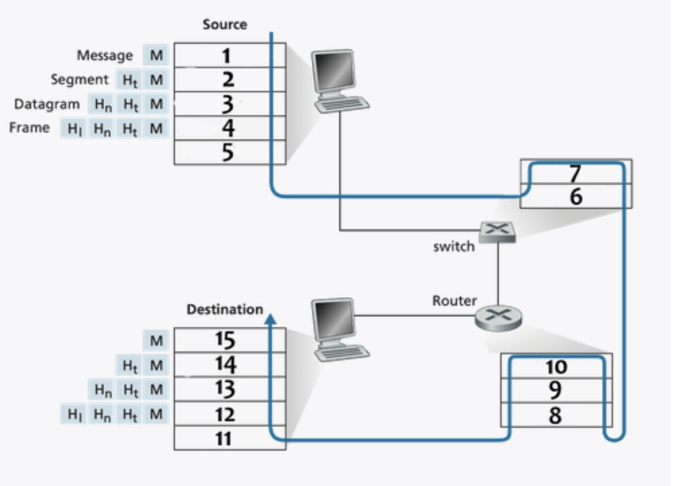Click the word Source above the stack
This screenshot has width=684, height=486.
225,24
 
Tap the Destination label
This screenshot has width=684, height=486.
225,309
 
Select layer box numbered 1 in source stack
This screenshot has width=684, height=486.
229,55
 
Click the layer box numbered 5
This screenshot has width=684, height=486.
229,152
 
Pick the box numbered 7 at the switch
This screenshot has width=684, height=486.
576,173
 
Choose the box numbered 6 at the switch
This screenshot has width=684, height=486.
576,196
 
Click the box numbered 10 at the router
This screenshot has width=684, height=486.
556,367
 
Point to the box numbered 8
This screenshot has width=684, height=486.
556,416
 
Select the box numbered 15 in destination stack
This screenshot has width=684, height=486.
229,340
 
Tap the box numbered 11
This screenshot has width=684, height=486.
229,438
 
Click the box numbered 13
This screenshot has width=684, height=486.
229,389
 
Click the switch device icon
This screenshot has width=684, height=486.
497,232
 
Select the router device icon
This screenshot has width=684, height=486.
498,318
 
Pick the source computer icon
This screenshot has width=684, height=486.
337,81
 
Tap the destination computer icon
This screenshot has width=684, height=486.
337,329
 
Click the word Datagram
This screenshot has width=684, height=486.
47,104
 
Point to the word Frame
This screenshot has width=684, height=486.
29,128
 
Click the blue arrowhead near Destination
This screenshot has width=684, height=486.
271,319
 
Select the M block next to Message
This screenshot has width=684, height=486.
156,55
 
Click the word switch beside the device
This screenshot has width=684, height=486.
454,247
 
